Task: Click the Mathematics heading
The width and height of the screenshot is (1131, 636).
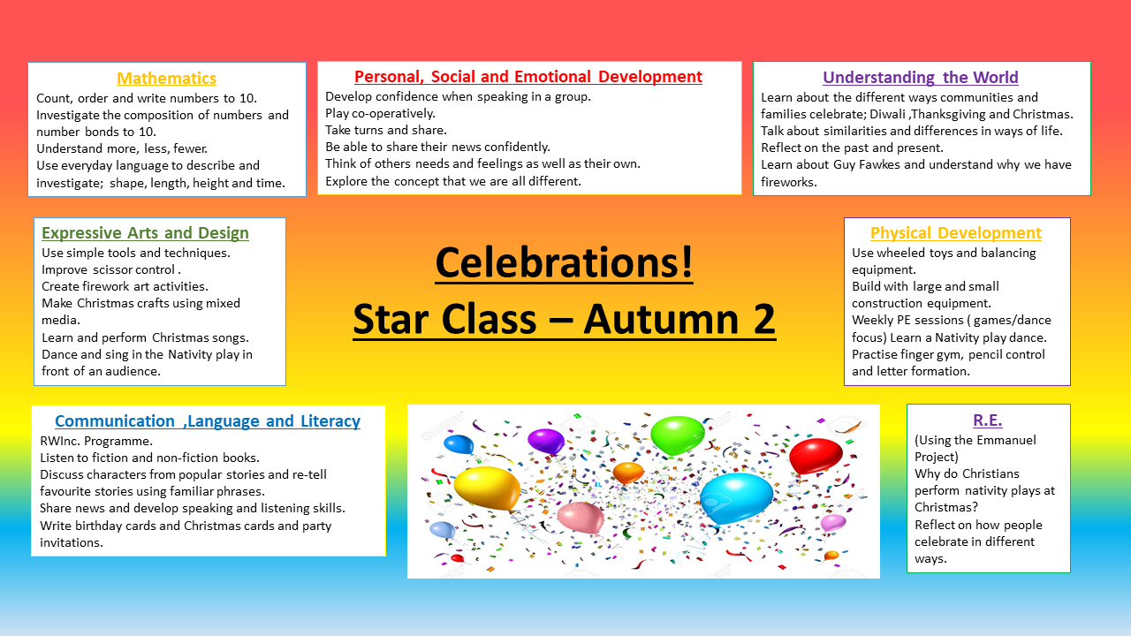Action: coord(167,79)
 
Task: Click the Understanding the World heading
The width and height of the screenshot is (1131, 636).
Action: coord(921,77)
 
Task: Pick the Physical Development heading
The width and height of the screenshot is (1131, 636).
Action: coord(956,232)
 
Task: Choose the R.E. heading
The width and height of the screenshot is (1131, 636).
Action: coord(988,420)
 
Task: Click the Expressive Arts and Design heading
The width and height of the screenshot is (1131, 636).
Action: coord(145,232)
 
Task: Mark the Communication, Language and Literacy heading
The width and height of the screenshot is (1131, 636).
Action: coord(208,421)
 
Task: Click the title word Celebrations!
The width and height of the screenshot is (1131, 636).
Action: coord(564,262)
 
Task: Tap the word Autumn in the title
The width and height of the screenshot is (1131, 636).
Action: coord(660,319)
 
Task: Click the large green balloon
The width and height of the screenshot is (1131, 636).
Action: coord(677,435)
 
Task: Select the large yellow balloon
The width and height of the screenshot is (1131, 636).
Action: coord(487,488)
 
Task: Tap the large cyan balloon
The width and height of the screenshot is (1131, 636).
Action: coord(736,498)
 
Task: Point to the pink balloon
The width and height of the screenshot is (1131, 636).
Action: coord(581,518)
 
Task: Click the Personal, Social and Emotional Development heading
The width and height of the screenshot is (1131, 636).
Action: coord(528,77)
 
